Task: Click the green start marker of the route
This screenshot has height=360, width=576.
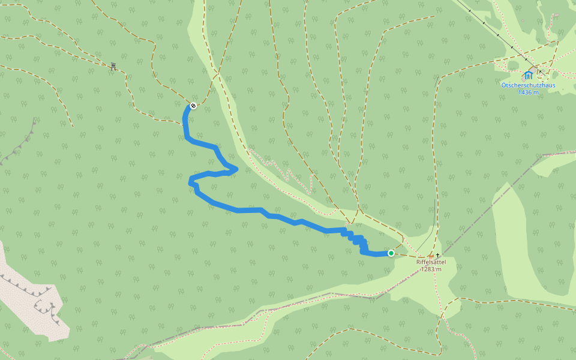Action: point(391,253)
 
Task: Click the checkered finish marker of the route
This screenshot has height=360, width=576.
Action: point(193,106)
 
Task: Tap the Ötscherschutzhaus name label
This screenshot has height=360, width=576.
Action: point(528,85)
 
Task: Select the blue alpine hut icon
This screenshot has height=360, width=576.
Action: point(528,75)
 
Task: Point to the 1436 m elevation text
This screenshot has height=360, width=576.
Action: point(528,92)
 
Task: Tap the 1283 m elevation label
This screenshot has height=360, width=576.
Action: point(431,269)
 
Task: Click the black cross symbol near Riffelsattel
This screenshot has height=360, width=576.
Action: point(438,254)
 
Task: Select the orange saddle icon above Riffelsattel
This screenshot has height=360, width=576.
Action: point(431,256)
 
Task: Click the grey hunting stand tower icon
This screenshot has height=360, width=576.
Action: point(113,66)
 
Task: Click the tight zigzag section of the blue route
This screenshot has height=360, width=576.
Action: point(356,241)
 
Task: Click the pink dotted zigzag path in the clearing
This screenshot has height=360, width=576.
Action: point(282,171)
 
